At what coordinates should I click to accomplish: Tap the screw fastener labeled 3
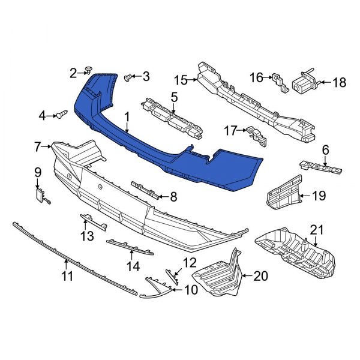tap(127, 77)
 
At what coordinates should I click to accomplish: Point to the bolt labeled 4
tap(62, 114)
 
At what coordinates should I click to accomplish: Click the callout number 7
tap(37, 146)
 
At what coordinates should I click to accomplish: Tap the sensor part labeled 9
tap(41, 193)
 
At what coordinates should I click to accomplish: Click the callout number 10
tap(191, 290)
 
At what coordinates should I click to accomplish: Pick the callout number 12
tap(190, 262)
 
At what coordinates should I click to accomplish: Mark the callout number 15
tap(181, 79)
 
